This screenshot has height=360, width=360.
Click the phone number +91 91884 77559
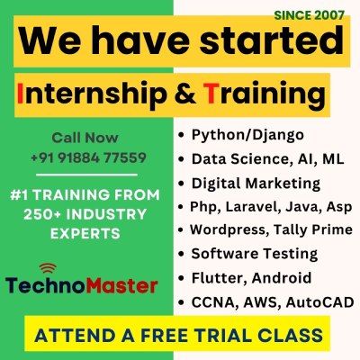pos(87,157)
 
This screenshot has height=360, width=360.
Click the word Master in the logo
pos(118,287)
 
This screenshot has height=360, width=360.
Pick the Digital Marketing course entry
pos(256,183)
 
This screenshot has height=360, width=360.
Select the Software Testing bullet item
pos(255,253)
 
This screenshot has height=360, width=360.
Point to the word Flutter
pos(215,276)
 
